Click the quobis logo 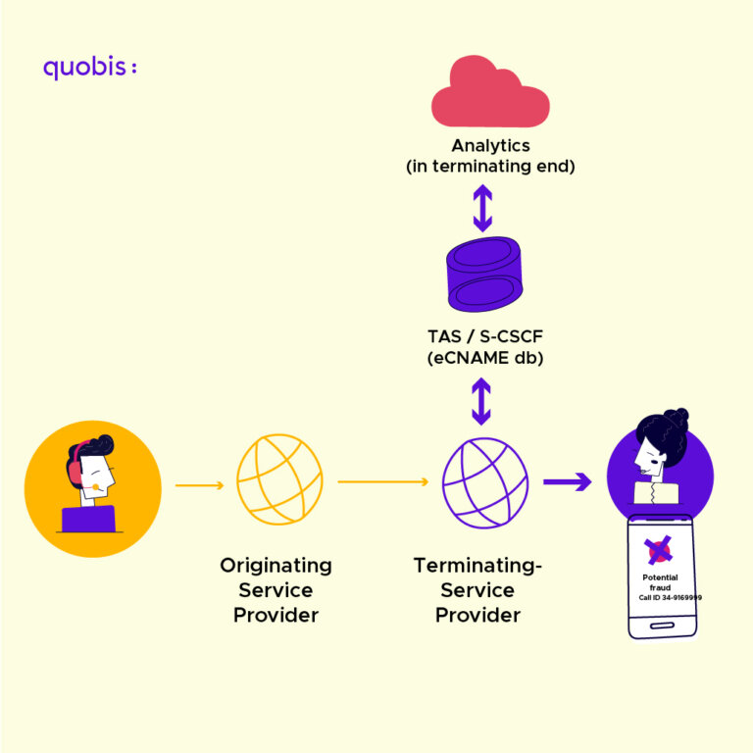(89, 68)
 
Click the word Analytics (490, 146)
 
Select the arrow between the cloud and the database (482, 207)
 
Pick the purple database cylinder (482, 276)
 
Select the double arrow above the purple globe (481, 402)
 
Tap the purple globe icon (484, 481)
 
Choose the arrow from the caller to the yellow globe (201, 483)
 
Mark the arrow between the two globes (383, 481)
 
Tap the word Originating (276, 566)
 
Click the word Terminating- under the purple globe (477, 566)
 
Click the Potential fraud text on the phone (660, 582)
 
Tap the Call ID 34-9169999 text (670, 597)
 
